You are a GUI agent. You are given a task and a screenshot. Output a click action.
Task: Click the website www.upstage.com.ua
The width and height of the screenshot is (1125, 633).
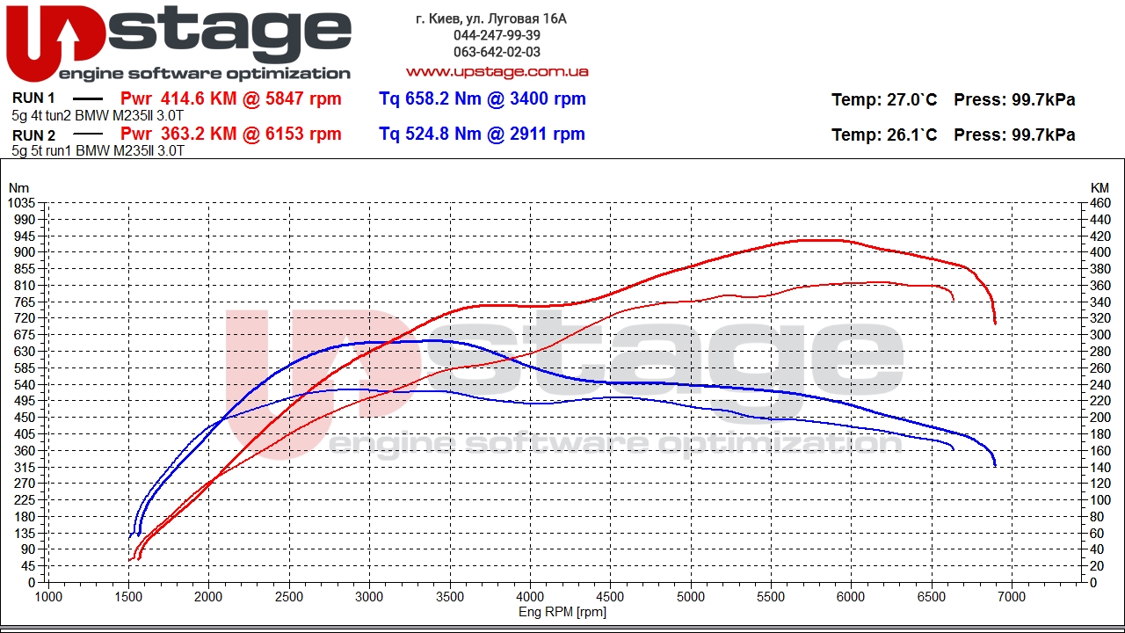(x=497, y=71)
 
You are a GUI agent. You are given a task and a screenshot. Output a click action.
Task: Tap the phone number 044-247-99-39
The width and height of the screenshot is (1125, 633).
(x=497, y=35)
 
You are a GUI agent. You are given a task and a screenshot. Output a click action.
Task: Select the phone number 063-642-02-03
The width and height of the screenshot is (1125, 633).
(x=497, y=52)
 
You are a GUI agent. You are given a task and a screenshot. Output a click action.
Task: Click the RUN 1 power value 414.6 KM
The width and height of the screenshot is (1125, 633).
(x=199, y=98)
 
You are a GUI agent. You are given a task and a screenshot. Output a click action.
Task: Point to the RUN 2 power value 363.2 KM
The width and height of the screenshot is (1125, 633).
(x=199, y=134)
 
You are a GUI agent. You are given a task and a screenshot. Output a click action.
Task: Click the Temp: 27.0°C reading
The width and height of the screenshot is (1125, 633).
(x=884, y=99)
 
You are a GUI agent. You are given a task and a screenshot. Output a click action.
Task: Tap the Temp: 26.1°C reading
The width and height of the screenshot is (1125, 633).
(x=884, y=135)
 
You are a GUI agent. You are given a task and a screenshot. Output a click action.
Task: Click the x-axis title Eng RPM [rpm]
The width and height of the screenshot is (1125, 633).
(x=562, y=612)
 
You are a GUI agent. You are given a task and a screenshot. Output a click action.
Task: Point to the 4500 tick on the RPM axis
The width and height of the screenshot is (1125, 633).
(x=610, y=597)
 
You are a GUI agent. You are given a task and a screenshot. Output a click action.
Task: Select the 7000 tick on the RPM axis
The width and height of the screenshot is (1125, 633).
(x=1012, y=597)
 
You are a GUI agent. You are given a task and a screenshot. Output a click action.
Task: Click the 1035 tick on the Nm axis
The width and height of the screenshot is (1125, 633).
(x=22, y=203)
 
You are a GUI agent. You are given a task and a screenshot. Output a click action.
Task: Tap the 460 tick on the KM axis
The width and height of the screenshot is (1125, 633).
(x=1100, y=203)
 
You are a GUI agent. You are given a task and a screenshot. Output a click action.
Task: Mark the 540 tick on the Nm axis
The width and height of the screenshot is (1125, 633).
(x=25, y=385)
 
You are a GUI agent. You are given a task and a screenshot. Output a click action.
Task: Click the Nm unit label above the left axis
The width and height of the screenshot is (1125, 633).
(x=18, y=188)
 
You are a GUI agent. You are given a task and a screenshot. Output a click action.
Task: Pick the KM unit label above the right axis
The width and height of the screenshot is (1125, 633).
(x=1100, y=188)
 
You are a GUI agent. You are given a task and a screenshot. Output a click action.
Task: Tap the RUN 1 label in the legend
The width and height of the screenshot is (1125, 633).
(x=33, y=98)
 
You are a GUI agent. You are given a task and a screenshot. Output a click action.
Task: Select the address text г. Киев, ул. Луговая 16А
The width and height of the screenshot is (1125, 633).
(x=491, y=18)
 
